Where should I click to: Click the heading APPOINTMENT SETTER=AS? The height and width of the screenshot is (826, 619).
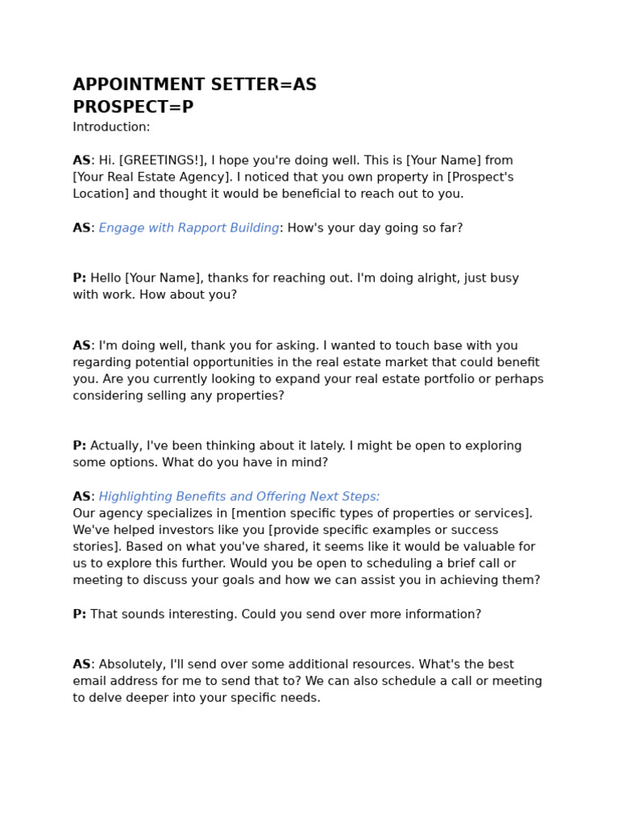point(194,86)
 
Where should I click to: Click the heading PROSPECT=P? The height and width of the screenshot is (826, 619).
point(133,108)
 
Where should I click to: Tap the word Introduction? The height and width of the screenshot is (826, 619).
point(110,127)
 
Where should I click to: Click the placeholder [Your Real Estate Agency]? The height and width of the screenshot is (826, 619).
point(151,177)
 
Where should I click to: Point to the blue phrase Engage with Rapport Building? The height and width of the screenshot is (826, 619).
point(189,228)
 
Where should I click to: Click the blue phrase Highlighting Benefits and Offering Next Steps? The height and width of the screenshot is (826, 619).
point(239,497)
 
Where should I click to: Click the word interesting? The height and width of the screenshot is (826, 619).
point(197,615)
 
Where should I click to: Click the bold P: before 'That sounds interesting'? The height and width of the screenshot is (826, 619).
point(79,615)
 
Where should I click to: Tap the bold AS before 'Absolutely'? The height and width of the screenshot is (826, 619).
point(81,665)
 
